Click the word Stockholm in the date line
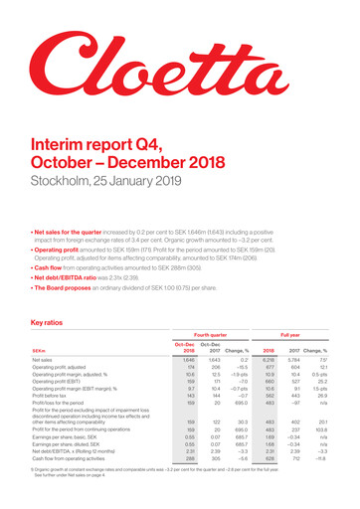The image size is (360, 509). (55, 184)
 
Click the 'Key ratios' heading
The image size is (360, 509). (49, 295)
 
